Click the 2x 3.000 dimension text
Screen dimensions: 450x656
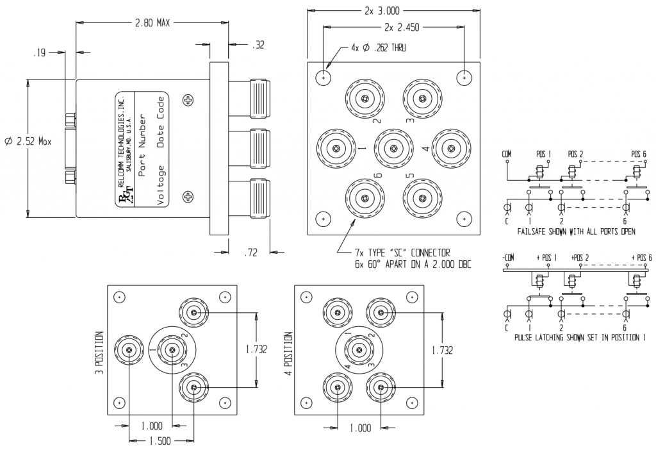[393, 11]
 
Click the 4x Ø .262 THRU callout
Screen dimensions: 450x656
[379, 48]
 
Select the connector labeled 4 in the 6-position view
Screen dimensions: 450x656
[452, 149]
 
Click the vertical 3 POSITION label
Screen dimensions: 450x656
[99, 353]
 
